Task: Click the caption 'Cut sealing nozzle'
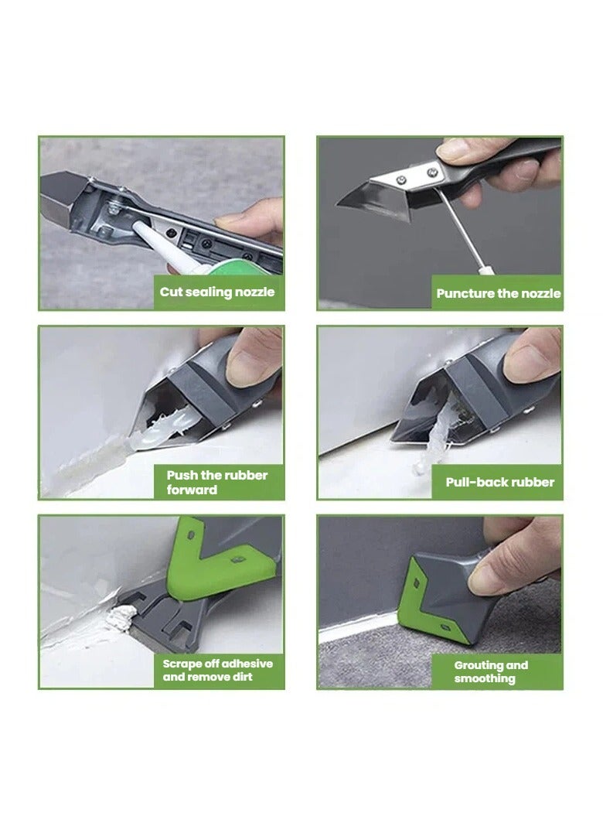coord(217,292)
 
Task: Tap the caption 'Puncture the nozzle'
coord(499,293)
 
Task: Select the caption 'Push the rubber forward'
coord(217,483)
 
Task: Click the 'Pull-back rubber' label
coord(499,482)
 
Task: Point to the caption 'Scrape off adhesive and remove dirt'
coord(217,671)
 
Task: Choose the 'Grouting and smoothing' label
coord(491,672)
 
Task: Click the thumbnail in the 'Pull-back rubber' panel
coord(530,357)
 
